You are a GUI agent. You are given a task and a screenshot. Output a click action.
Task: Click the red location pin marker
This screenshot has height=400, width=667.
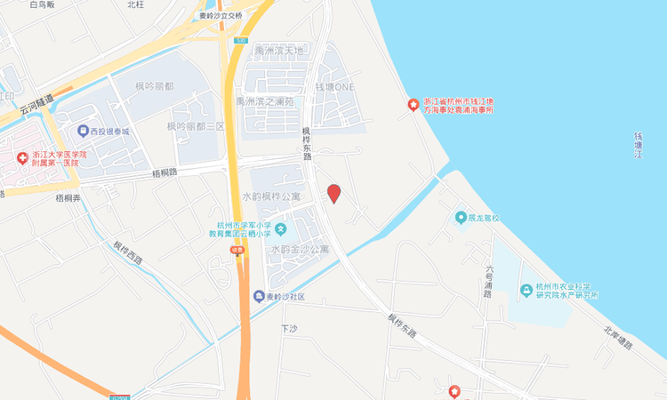pos(333,193)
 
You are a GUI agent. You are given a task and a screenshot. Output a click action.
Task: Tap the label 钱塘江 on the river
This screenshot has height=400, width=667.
pos(638,146)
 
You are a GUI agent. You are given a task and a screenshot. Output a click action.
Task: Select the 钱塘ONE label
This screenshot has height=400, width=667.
pos(335,87)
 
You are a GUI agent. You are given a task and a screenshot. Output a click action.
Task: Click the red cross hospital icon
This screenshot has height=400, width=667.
pos(22,158)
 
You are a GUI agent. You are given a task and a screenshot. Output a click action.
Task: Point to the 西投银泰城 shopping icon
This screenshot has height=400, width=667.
pos(83,131)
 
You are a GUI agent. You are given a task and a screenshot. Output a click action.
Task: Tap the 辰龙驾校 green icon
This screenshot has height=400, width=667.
pos(461,217)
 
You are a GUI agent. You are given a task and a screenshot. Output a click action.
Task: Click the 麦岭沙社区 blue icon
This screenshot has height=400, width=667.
pos(258,296)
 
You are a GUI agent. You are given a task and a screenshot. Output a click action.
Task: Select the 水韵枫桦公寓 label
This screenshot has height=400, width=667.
pos(271,196)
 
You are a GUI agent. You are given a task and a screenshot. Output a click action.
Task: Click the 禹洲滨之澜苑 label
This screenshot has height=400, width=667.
pos(264,101)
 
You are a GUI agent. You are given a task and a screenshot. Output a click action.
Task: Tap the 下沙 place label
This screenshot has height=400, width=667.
pos(287,328)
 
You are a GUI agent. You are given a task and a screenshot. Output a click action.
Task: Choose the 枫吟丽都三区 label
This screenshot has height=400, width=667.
pos(193,126)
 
